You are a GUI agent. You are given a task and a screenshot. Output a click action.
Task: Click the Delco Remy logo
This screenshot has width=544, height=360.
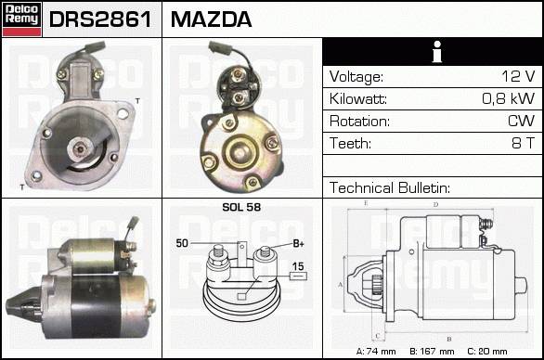[21, 19]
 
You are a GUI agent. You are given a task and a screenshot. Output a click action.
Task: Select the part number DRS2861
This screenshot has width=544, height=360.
[100, 19]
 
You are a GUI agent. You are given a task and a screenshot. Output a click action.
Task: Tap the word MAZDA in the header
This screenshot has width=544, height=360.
[211, 19]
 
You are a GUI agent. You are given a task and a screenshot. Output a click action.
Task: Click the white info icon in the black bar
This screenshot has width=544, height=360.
[437, 52]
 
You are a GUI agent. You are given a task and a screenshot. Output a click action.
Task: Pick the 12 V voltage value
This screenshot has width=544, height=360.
[518, 76]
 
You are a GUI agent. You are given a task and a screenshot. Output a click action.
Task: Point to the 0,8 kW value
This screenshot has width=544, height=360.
[509, 98]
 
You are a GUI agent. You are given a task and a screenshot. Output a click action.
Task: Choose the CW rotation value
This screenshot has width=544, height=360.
[521, 121]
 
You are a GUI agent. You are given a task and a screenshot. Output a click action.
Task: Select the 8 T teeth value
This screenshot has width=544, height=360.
[524, 143]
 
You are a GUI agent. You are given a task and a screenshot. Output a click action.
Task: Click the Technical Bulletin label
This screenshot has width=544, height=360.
[390, 187]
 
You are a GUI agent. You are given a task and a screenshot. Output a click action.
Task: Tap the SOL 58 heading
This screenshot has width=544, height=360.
[241, 207]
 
